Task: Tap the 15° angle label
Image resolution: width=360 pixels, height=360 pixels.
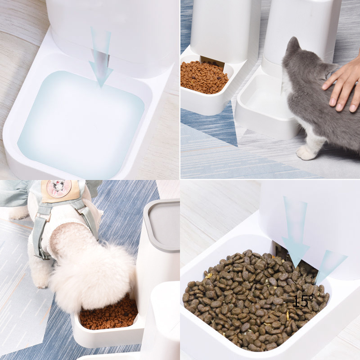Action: click(303, 301)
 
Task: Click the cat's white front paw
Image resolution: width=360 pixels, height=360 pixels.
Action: click(306, 153)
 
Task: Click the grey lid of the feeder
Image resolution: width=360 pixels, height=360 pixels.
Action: click(162, 225)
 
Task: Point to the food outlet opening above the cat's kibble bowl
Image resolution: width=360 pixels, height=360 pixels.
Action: click(212, 61)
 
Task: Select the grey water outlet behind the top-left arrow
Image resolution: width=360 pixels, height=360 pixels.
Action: click(101, 61)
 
